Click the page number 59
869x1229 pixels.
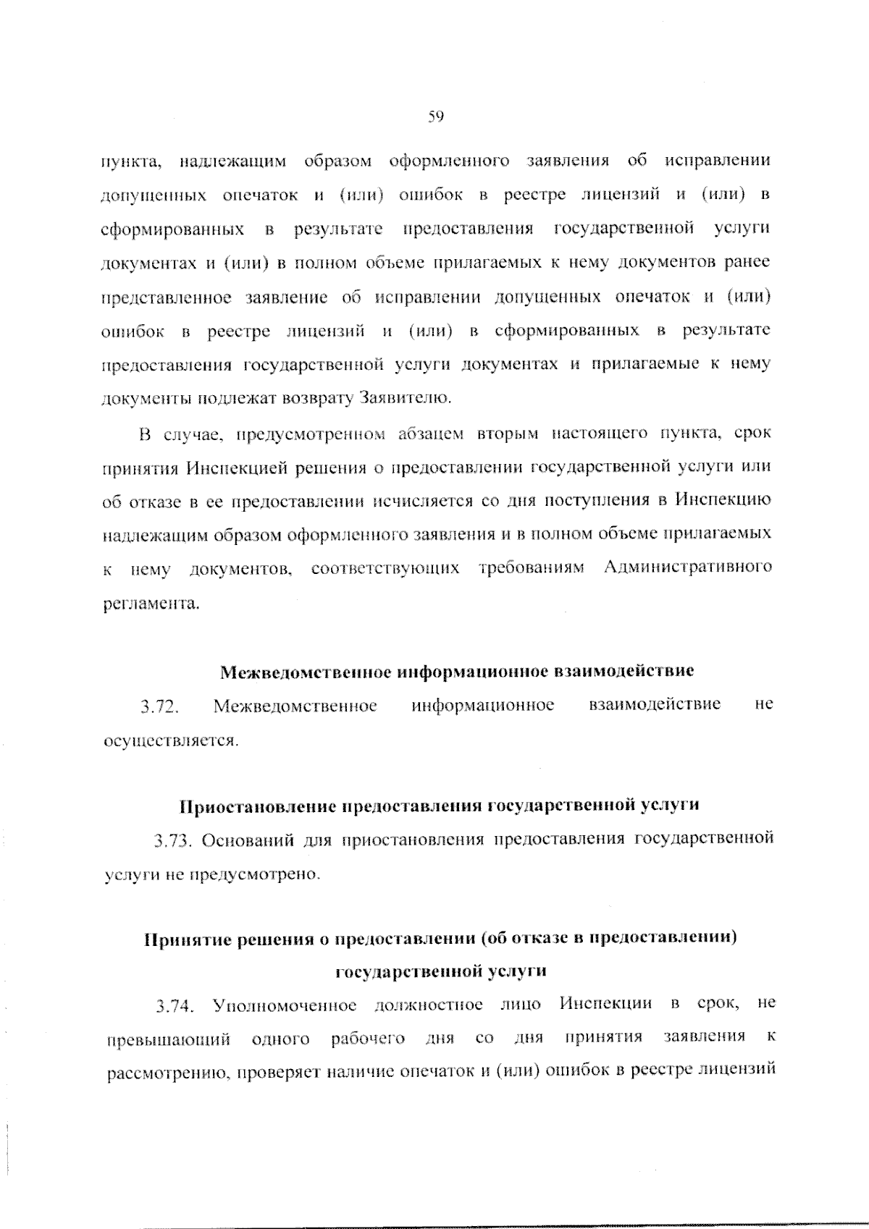435,117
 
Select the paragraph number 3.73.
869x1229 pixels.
172,841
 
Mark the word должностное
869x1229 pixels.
429,1006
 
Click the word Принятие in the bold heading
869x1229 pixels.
187,939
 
